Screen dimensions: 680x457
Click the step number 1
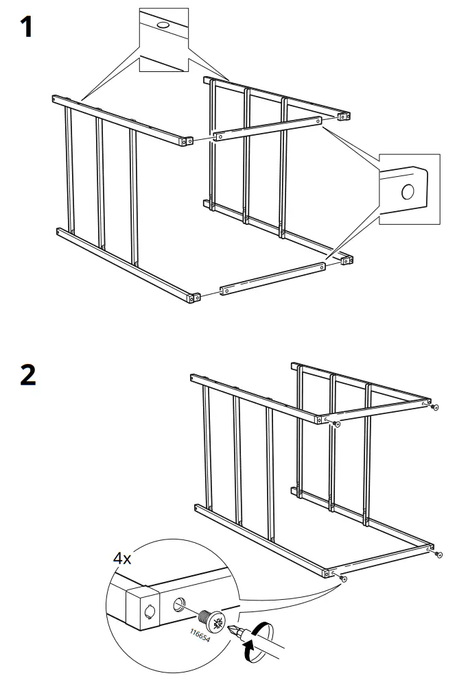[26, 29]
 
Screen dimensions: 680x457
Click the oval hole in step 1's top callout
[163, 25]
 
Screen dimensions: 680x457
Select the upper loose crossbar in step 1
[267, 128]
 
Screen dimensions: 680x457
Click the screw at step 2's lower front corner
[344, 579]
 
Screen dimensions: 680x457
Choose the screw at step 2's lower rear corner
[437, 555]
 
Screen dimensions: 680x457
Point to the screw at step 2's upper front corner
[336, 426]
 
